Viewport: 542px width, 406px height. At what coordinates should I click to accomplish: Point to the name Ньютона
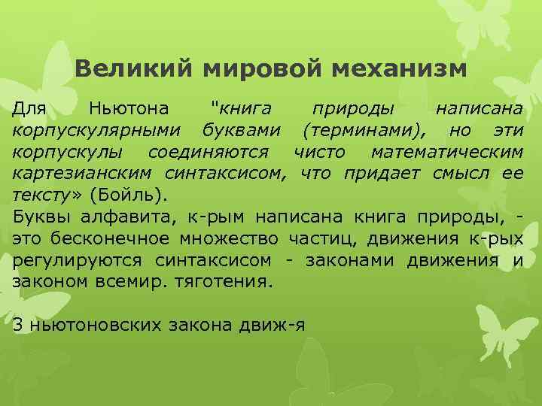pos(128,110)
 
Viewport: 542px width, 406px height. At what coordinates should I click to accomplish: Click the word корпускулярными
pos(101,132)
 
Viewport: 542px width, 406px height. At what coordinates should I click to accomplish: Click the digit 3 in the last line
pos(18,325)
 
